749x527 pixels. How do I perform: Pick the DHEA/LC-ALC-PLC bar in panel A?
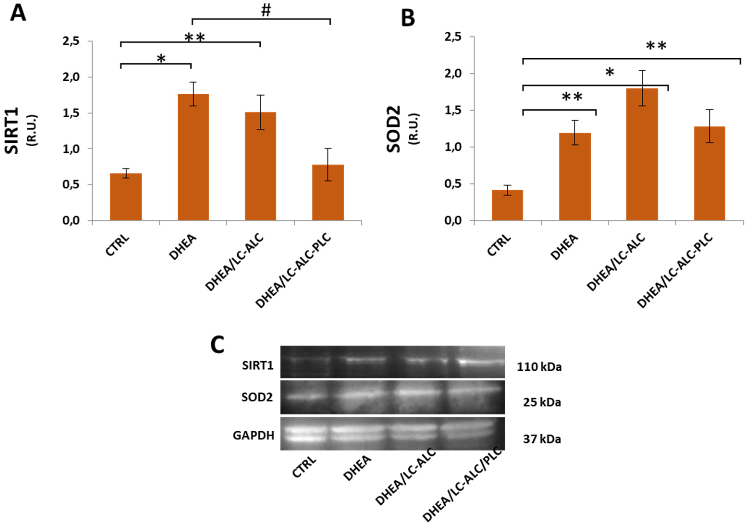click(x=328, y=192)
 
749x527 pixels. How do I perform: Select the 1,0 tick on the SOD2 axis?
click(x=453, y=147)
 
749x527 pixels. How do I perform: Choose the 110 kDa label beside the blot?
click(x=539, y=367)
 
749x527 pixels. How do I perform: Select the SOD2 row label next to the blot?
click(x=257, y=397)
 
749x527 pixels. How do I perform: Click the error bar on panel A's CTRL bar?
click(x=126, y=173)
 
